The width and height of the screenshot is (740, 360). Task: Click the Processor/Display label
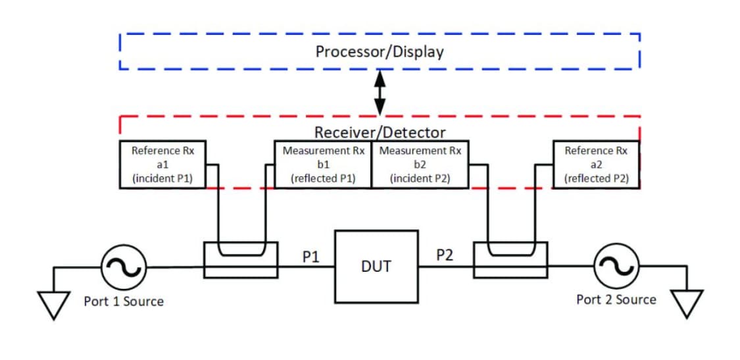(380, 51)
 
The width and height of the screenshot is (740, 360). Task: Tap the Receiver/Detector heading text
(380, 132)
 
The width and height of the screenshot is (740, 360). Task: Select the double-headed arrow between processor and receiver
(380, 93)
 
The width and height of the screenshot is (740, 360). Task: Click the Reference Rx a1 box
(162, 164)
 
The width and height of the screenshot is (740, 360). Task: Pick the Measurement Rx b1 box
(322, 164)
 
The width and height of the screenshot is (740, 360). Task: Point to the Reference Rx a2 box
(596, 164)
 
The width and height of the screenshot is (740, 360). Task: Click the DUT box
(376, 266)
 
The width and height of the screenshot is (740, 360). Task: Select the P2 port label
(445, 255)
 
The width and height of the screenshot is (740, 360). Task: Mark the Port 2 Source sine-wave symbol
(616, 266)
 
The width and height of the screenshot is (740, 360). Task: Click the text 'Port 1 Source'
(124, 301)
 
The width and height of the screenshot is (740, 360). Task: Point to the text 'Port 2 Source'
(616, 299)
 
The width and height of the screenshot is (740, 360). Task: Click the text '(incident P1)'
(162, 178)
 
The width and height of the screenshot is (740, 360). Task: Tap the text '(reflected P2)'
(596, 178)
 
